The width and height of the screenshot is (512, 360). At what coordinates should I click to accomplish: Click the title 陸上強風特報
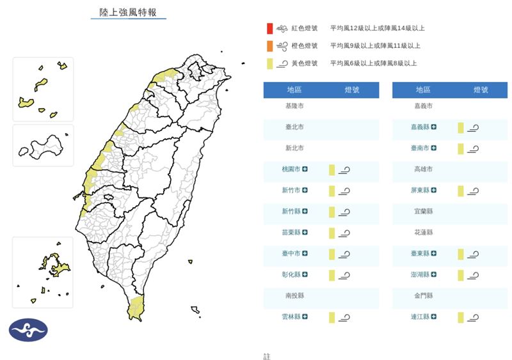(128, 12)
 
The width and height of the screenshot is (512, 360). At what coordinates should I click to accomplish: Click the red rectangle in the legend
(271, 28)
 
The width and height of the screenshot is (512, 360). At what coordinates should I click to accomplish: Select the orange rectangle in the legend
(271, 45)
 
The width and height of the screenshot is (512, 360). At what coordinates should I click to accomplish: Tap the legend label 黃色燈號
(305, 63)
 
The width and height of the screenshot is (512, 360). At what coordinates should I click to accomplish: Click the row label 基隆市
(295, 106)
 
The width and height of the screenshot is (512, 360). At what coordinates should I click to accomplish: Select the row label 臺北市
(295, 127)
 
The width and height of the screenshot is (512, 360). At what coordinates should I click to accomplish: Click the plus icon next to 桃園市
(305, 169)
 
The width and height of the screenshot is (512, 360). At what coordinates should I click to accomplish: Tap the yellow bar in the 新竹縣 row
(332, 212)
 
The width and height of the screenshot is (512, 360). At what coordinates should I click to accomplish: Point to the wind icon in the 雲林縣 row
(344, 317)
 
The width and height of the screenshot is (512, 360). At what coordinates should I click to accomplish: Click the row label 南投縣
(295, 296)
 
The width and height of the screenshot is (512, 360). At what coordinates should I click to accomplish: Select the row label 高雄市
(423, 169)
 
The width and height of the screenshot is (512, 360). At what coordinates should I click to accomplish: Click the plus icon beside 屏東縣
(434, 191)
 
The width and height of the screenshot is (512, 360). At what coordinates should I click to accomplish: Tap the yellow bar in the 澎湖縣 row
(460, 275)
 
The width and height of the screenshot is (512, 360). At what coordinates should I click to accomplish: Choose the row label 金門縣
(423, 296)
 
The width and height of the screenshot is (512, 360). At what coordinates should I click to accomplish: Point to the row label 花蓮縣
(423, 233)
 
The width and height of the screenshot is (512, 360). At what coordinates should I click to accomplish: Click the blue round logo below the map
(28, 329)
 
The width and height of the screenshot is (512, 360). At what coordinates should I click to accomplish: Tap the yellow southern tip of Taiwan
(135, 308)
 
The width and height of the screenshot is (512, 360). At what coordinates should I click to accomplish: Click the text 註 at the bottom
(267, 356)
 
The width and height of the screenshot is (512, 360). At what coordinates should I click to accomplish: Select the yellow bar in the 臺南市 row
(460, 148)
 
